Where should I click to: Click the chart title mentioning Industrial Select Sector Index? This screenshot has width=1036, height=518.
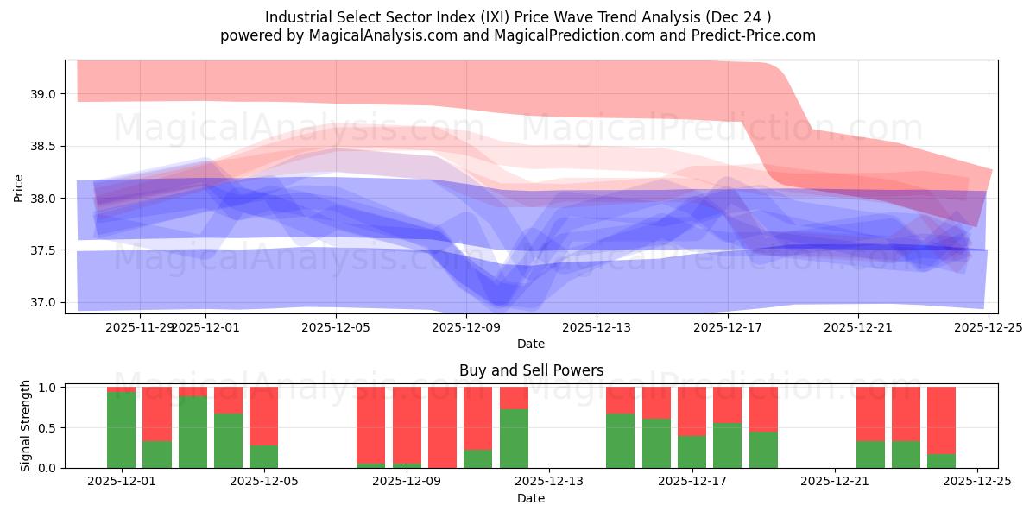pos(518,17)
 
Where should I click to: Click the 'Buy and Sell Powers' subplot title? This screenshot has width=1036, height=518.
pos(530,370)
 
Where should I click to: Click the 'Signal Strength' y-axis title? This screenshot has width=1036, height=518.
pos(26,426)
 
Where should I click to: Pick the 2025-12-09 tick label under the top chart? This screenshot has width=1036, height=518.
pos(465,327)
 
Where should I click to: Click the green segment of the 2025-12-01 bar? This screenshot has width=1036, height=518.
pos(121,430)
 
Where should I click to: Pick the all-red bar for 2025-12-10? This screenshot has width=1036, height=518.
pos(442,427)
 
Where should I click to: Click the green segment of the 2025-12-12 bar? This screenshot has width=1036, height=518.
pos(514,439)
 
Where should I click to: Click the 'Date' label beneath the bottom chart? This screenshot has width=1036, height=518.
pos(530,498)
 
